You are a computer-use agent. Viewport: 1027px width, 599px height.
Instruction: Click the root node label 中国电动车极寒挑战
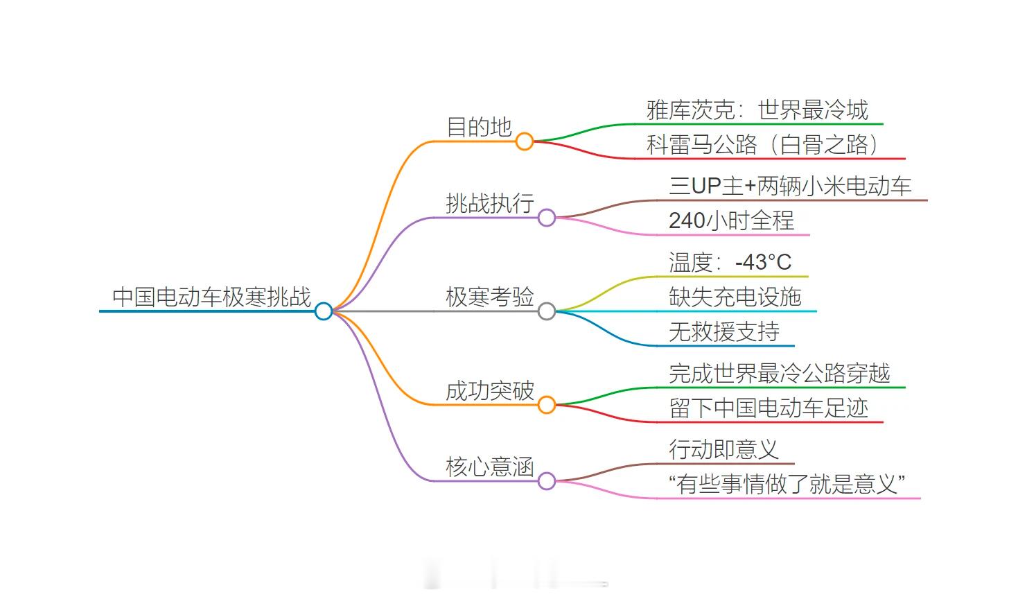click(211, 297)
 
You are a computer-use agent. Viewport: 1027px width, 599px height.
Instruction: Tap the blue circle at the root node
click(324, 311)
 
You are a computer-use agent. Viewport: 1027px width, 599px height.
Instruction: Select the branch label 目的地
click(479, 128)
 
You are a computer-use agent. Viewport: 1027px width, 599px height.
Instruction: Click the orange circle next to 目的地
click(525, 141)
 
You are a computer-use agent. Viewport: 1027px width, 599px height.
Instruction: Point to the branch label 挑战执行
click(490, 204)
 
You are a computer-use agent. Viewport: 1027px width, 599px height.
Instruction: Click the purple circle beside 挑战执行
click(547, 218)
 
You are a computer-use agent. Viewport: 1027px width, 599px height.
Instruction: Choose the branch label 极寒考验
click(490, 297)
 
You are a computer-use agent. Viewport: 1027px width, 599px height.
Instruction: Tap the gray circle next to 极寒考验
click(547, 311)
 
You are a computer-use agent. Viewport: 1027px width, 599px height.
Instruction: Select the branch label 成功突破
click(490, 391)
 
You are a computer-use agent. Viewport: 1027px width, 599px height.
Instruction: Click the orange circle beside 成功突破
click(547, 405)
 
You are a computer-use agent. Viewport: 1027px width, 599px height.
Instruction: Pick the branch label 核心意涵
click(490, 467)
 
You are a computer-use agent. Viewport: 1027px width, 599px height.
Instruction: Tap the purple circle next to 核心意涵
click(547, 481)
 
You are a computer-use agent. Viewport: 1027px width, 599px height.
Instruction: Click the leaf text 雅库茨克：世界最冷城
click(757, 110)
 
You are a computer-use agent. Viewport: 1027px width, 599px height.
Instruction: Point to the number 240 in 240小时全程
click(687, 221)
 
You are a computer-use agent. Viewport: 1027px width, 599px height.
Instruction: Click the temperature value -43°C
click(763, 263)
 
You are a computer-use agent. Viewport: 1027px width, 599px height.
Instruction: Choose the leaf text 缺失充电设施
click(735, 297)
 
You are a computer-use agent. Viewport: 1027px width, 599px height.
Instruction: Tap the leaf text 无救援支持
click(724, 332)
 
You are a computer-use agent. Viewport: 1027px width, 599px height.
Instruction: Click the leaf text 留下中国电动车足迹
click(769, 408)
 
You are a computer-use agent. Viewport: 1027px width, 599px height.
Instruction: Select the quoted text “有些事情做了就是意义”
click(787, 485)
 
